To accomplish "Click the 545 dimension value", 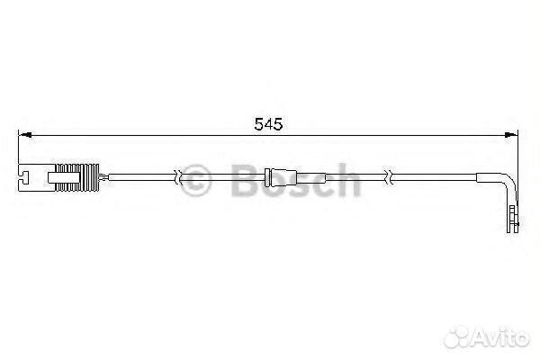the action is click(268, 124).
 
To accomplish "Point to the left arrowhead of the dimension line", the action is click(25, 135).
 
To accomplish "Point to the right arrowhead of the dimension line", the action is click(510, 135).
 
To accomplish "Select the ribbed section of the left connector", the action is click(77, 177).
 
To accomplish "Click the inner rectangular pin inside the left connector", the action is click(65, 177).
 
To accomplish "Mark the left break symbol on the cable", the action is click(177, 177).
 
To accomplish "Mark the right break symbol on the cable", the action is click(389, 177).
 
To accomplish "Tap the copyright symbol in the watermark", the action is click(195, 180).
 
